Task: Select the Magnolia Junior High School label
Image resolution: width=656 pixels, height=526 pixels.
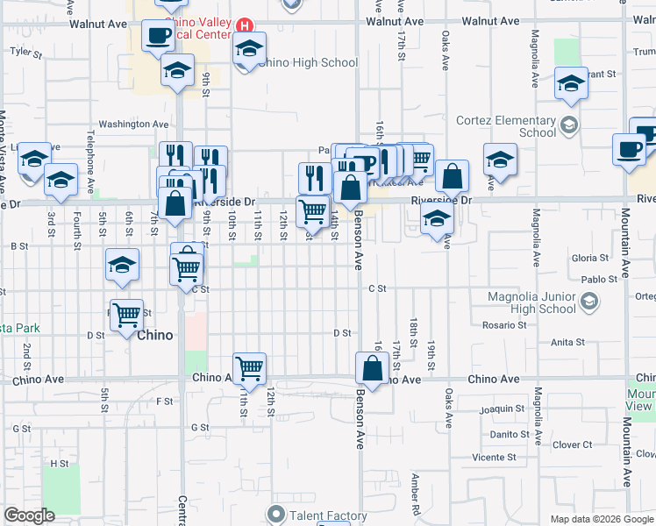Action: point(532,302)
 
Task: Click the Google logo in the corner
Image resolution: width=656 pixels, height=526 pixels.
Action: point(29,515)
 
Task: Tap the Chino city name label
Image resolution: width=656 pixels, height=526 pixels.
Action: point(155,335)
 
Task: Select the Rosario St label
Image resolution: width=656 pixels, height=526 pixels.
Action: point(503,324)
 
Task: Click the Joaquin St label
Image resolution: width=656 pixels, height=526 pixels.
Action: point(502,409)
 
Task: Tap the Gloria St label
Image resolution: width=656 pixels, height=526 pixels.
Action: point(589,259)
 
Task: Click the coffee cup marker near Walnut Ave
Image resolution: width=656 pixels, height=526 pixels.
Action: point(158,38)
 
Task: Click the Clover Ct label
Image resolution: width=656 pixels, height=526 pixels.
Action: point(573,444)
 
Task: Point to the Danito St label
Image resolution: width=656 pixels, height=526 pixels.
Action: point(509,434)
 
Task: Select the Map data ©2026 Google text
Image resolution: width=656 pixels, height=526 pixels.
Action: point(601,519)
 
